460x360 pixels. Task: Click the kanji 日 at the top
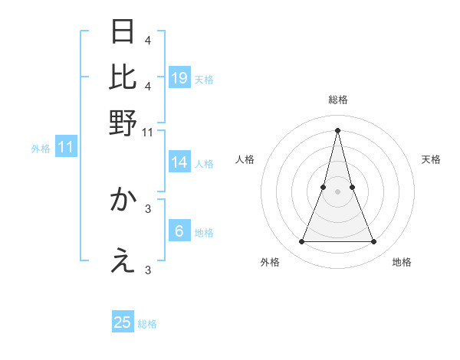click(123, 32)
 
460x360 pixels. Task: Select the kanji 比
click(123, 77)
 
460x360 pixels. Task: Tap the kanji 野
click(123, 122)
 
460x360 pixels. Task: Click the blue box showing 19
click(179, 78)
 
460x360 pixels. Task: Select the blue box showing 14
click(179, 162)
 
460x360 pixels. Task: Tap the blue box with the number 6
click(179, 231)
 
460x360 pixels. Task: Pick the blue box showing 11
click(66, 147)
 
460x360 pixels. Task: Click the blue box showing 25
click(123, 322)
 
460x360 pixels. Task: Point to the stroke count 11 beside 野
click(148, 132)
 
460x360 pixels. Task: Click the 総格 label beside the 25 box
click(147, 324)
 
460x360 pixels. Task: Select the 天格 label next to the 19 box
click(204, 79)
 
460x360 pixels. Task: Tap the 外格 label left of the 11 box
click(41, 148)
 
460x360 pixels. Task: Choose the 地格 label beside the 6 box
click(204, 233)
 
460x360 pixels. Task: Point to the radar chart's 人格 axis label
click(245, 159)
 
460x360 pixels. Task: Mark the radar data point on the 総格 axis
click(337, 129)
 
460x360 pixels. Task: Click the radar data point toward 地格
click(374, 242)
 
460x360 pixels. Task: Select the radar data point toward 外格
click(301, 242)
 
